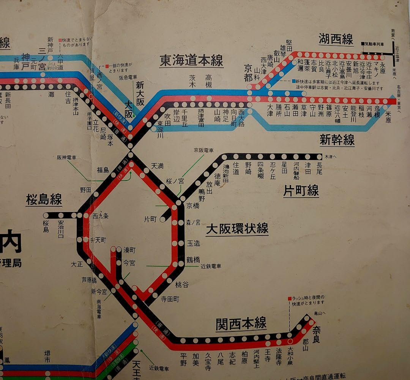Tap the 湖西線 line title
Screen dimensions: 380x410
pos(336,39)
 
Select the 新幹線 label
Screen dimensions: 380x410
pos(337,140)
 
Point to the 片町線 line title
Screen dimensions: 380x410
pos(301,191)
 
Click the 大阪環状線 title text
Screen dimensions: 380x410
pos(237,229)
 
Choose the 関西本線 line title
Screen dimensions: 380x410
pos(241,324)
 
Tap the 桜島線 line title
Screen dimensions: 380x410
pos(44,199)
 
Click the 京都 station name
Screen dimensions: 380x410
pos(248,73)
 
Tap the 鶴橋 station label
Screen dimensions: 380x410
pos(193,260)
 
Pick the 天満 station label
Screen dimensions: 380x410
pos(158,166)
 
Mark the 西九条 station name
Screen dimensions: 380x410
pos(101,216)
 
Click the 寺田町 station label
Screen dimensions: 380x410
pos(170,299)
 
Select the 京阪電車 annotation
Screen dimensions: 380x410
pos(203,150)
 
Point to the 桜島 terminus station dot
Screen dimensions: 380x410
pos(46,215)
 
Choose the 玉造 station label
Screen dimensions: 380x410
pos(194,243)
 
